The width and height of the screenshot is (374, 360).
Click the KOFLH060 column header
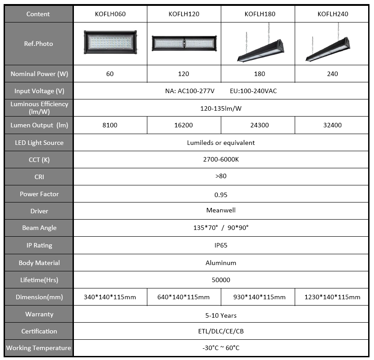(x=110, y=14)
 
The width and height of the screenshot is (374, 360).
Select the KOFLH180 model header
(x=260, y=14)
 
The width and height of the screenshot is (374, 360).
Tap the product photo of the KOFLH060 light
(x=110, y=42)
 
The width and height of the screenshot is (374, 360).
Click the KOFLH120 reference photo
(x=184, y=43)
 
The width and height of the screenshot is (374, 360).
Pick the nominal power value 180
(x=260, y=74)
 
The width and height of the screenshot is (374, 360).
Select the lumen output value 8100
(x=110, y=125)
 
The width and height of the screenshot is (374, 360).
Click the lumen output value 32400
(x=332, y=125)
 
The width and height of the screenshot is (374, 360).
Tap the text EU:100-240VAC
(x=253, y=91)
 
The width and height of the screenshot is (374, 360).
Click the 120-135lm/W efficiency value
(x=221, y=108)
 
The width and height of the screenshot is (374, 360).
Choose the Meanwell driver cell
(x=221, y=210)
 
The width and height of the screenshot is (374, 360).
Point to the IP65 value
(x=221, y=245)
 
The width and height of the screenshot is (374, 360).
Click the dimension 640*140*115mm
(x=183, y=297)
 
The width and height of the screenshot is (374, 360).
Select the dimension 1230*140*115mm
(x=332, y=297)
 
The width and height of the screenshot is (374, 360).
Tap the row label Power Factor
(x=39, y=194)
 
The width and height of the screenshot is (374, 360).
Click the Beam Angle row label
(x=39, y=228)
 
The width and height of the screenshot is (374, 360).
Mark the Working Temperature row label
(x=39, y=348)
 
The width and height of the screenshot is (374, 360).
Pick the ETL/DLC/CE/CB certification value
(x=221, y=331)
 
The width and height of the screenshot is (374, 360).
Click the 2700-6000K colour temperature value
(x=221, y=159)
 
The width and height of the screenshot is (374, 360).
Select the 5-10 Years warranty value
(x=221, y=315)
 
